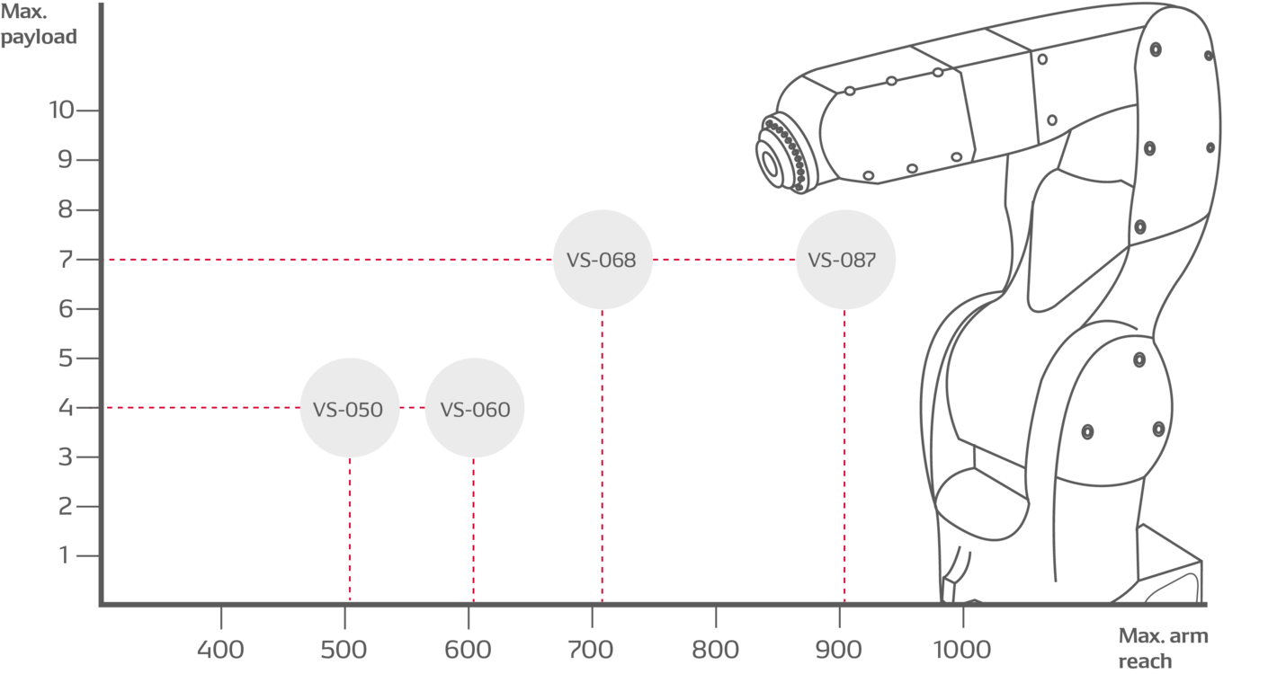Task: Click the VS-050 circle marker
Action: [x=349, y=409]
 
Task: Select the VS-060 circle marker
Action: [x=474, y=409]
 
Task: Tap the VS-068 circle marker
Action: [x=602, y=260]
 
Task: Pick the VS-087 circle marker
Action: [x=845, y=260]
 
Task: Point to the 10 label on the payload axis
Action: [x=62, y=111]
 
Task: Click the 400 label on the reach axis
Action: [x=220, y=649]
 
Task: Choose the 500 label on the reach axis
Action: [x=344, y=649]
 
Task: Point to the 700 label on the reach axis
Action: [x=592, y=649]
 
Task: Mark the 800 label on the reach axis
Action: [x=715, y=649]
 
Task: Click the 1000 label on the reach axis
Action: [x=960, y=649]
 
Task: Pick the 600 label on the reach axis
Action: [x=469, y=649]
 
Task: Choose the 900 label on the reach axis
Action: [x=838, y=649]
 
